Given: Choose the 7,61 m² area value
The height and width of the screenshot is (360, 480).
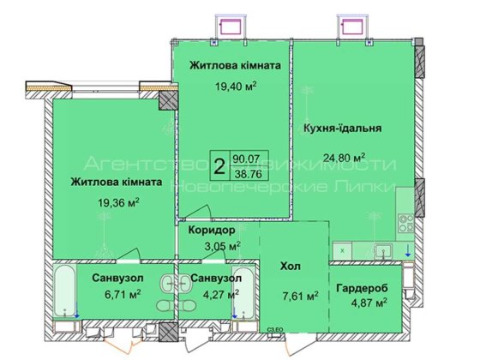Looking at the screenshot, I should click(300, 297).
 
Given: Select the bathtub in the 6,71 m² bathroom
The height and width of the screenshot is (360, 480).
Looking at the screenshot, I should click(65, 291).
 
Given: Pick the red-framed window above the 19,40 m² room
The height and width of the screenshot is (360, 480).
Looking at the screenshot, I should click(231, 25).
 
